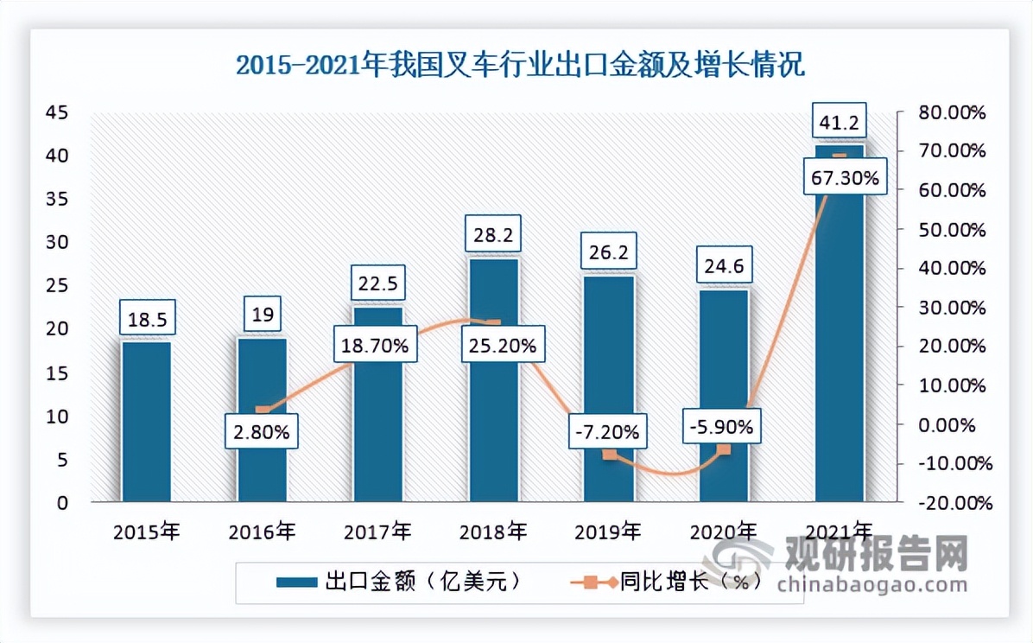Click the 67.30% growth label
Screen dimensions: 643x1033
(x=846, y=179)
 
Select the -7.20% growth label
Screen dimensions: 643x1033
(x=610, y=430)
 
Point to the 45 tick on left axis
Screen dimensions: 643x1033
(x=58, y=112)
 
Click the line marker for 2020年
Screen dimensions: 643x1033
(x=724, y=449)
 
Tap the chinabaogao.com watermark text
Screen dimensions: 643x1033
(x=872, y=584)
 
